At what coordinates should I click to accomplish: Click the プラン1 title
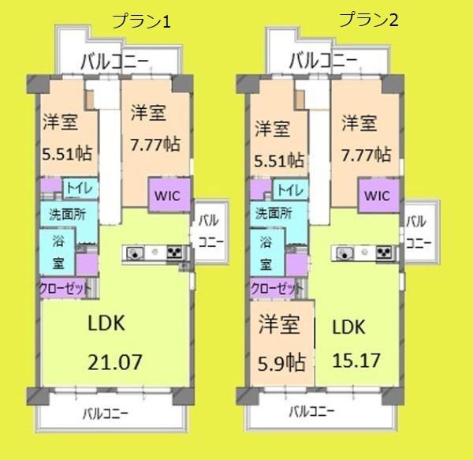pyautogui.click(x=142, y=22)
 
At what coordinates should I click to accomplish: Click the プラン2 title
pyautogui.click(x=368, y=21)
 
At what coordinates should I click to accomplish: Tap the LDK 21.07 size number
pyautogui.click(x=114, y=363)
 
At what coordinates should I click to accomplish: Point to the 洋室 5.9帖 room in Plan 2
pyautogui.click(x=281, y=345)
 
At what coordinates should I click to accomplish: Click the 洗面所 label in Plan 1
pyautogui.click(x=68, y=213)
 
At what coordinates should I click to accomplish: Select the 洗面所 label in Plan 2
pyautogui.click(x=275, y=213)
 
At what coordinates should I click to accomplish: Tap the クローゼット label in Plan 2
pyautogui.click(x=275, y=289)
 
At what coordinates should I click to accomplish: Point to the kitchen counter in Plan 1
pyautogui.click(x=155, y=253)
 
